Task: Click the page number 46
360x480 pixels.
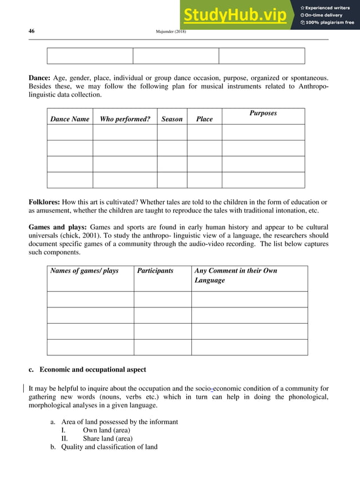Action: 32,32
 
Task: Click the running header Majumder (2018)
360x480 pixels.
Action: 170,32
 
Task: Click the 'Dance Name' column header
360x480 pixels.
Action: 70,119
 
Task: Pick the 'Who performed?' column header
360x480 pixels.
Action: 125,119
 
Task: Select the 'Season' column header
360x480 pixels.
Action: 172,119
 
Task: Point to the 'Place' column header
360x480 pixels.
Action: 204,119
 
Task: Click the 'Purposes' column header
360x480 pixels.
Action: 263,113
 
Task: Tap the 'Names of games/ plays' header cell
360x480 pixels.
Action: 85,271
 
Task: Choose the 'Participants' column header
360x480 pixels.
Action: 155,271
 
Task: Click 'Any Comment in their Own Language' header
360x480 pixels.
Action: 235,275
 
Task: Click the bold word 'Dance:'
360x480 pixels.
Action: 39,77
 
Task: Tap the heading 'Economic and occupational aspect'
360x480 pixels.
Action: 93,370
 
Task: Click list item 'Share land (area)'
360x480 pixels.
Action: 108,439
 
